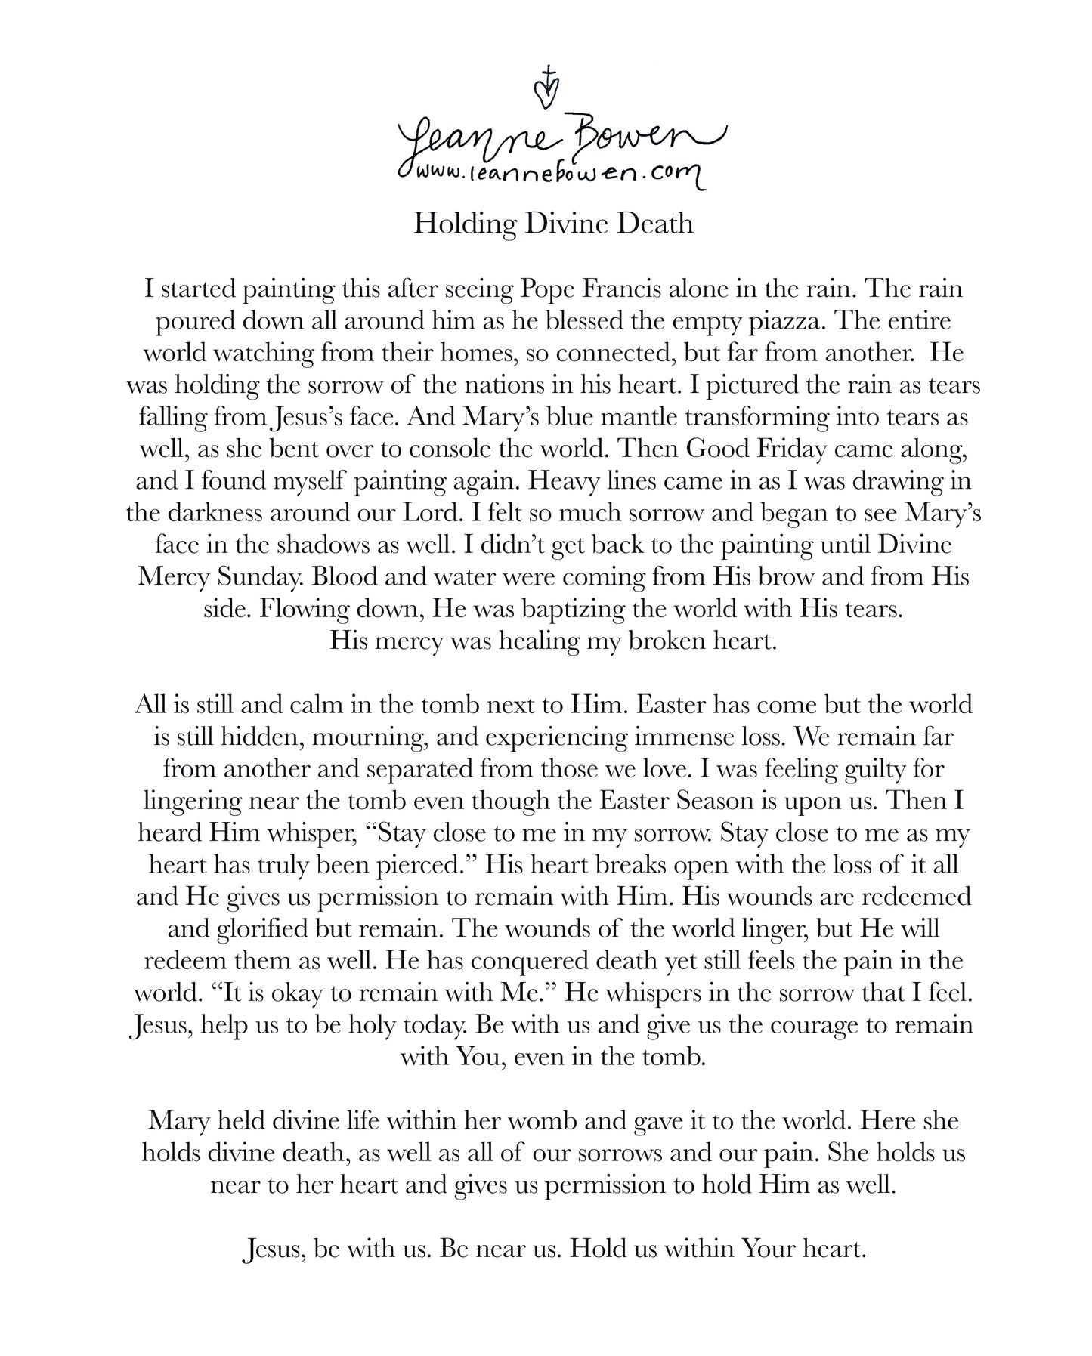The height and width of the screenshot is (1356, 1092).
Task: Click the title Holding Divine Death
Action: coord(552,224)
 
